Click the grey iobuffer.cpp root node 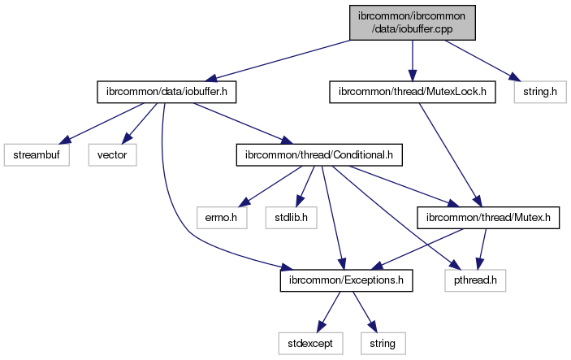coord(412,22)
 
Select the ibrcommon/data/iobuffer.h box coord(167,93)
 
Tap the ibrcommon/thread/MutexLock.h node coord(412,93)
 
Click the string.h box coord(537,93)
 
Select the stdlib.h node coord(288,217)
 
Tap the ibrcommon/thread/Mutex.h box coord(487,217)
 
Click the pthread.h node coord(476,280)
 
